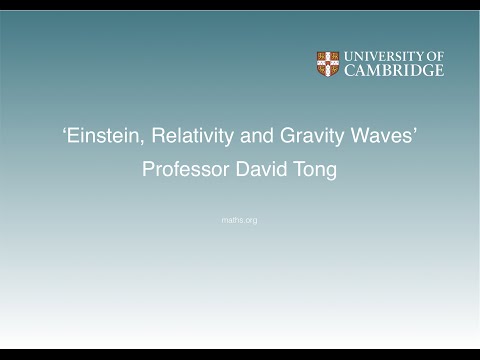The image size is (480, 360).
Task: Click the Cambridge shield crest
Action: coord(328,64)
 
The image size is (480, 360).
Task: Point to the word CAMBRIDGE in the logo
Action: coord(393,71)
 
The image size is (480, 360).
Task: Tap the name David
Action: coord(264,170)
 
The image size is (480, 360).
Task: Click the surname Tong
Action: coord(316,170)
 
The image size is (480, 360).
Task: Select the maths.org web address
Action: coord(239,220)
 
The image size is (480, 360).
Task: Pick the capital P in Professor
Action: coord(149,170)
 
